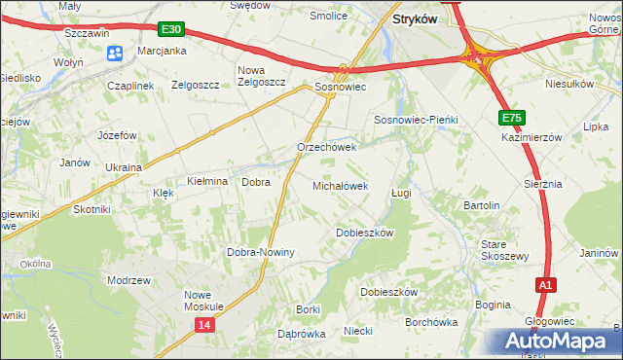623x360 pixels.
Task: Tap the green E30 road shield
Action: click(171, 31)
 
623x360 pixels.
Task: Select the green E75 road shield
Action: click(512, 118)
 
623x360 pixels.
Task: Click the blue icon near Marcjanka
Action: click(115, 54)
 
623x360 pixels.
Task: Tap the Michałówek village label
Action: click(339, 185)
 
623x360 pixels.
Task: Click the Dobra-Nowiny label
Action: click(261, 252)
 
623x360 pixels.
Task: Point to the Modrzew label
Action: click(129, 279)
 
